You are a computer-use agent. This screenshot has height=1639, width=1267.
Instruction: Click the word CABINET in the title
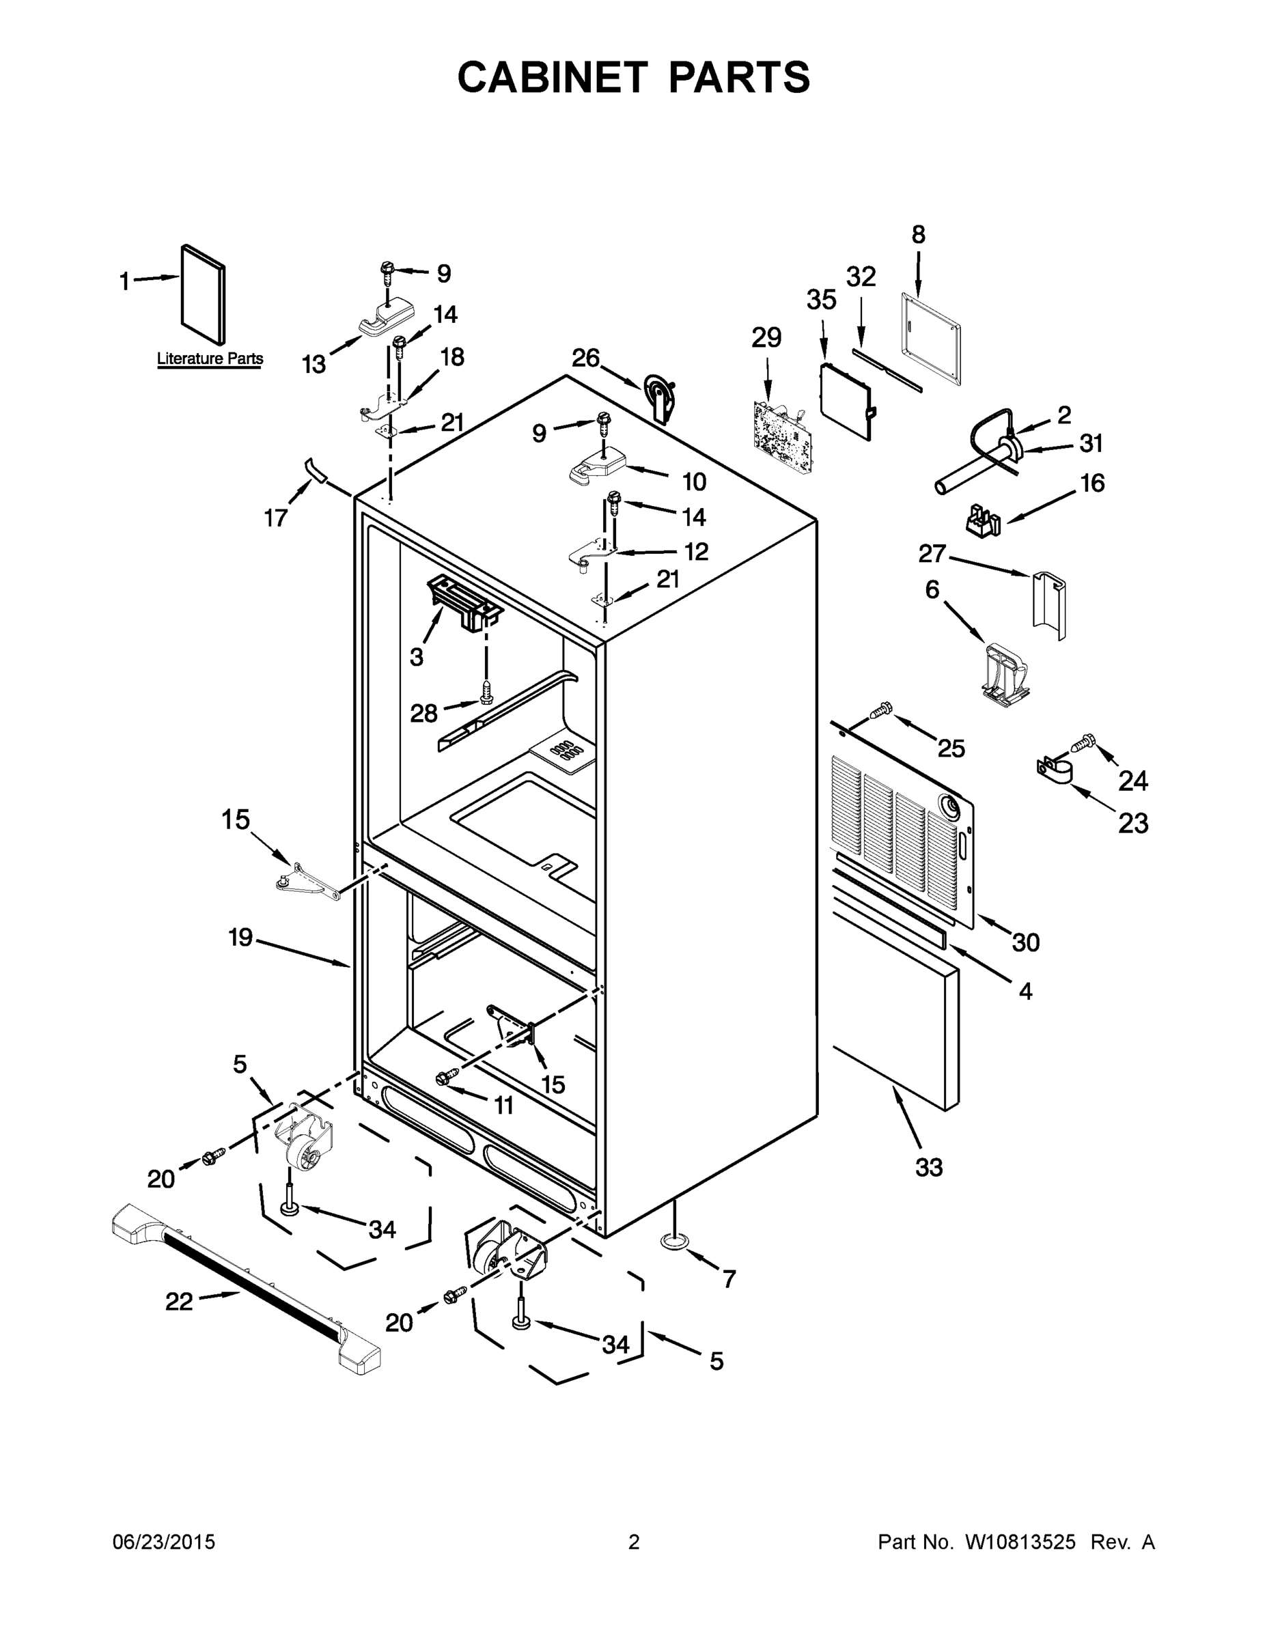pyautogui.click(x=552, y=76)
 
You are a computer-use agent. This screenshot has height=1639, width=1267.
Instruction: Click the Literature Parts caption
pyautogui.click(x=210, y=359)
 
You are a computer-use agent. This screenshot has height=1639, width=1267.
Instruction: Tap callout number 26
pyautogui.click(x=585, y=359)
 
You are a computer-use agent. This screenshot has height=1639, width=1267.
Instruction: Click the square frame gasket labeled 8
pyautogui.click(x=930, y=342)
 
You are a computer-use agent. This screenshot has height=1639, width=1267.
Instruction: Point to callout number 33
pyautogui.click(x=928, y=1167)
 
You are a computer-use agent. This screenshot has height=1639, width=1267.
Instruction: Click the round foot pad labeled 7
pyautogui.click(x=675, y=1242)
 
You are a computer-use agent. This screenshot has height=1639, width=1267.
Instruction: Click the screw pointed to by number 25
pyautogui.click(x=882, y=707)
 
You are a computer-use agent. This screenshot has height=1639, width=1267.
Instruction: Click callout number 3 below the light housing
pyautogui.click(x=417, y=658)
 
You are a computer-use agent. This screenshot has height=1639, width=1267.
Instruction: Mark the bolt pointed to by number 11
pyautogui.click(x=443, y=1078)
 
